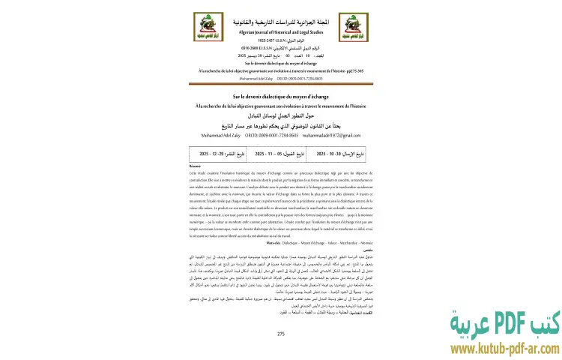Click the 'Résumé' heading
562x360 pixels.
click(196, 166)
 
